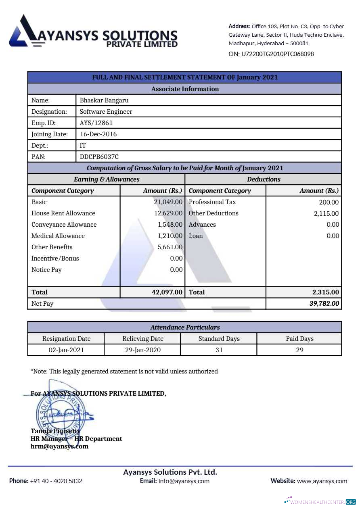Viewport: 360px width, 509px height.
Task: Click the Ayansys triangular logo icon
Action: coord(24,31)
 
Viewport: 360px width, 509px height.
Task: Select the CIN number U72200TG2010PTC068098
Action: coord(277,54)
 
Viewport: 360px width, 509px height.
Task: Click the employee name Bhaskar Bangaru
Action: coord(104,100)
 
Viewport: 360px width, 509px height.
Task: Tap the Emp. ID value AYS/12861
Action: coord(96,123)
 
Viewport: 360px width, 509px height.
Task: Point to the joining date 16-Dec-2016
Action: coord(98,134)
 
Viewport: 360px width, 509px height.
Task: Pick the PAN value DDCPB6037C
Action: coord(99,157)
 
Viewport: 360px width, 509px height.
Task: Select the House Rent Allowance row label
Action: coord(63,213)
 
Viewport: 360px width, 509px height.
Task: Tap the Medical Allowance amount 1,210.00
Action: coord(170,236)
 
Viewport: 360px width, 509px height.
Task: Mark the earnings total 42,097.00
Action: coord(167,292)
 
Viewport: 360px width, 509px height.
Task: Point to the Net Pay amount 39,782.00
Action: coord(324,304)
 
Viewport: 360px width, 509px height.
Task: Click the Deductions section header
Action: coord(264,179)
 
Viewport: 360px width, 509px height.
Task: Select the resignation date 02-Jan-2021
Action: coord(66,350)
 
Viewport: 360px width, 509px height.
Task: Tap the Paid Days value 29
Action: coord(299,350)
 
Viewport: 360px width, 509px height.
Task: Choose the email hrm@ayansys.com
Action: coord(59,446)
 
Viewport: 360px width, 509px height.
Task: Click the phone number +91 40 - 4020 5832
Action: coord(56,481)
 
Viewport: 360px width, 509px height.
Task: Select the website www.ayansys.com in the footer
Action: coord(322,481)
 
